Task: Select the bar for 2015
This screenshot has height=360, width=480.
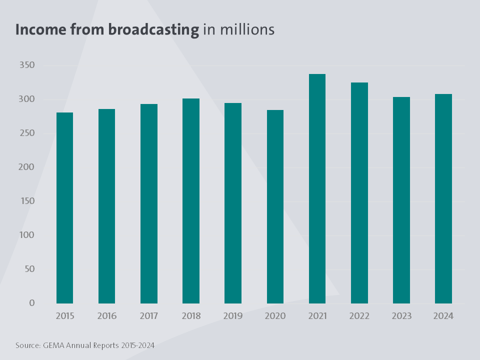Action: click(64, 207)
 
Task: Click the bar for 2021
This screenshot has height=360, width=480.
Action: click(317, 188)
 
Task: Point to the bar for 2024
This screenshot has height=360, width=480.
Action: click(443, 198)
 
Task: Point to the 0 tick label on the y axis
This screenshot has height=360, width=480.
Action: click(31, 303)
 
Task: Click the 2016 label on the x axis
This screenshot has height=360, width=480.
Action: click(107, 316)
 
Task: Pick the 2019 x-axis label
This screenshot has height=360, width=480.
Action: click(233, 316)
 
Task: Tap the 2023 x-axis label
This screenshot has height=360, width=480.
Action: click(401, 316)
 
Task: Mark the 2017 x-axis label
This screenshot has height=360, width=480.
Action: click(149, 316)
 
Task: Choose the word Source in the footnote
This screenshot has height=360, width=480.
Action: click(27, 345)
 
